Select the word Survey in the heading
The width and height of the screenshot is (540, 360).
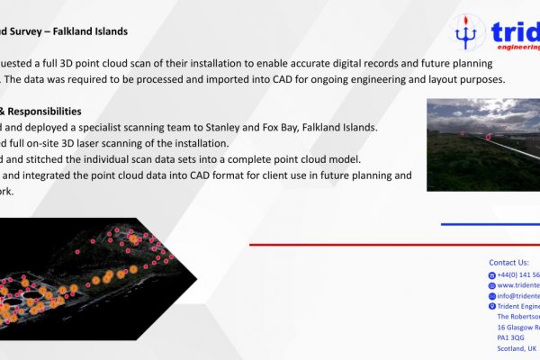point(24,31)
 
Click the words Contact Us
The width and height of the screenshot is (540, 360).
point(508,262)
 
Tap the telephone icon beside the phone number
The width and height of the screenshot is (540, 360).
point(491,274)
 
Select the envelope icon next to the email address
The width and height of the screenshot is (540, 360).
point(491,296)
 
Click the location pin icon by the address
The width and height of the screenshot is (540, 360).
point(491,307)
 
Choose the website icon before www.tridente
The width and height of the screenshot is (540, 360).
point(491,285)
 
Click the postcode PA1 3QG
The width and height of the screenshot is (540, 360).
point(511,337)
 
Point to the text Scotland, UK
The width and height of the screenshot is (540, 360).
point(517,348)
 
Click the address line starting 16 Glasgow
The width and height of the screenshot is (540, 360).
point(517,327)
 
